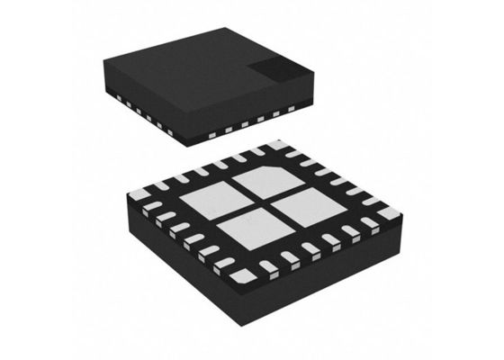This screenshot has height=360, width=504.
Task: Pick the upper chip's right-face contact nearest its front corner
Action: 211,134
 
